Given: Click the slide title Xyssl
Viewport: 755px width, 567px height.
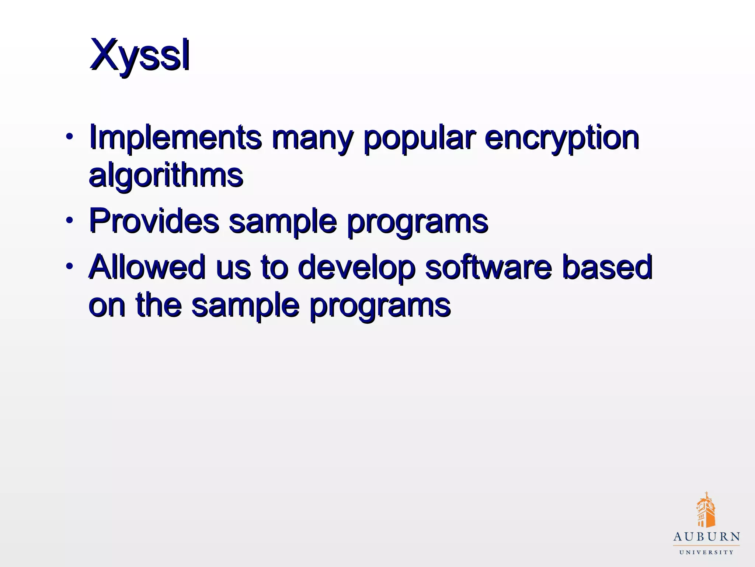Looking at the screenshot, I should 140,55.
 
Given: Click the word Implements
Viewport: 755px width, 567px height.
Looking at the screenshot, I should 175,137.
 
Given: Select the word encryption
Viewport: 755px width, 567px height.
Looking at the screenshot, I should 561,138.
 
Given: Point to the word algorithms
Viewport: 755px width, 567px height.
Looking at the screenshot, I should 166,176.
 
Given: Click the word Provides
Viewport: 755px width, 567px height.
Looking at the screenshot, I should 154,221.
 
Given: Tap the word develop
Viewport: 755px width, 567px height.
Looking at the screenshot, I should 356,268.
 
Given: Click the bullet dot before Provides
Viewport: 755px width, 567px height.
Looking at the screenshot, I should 69,221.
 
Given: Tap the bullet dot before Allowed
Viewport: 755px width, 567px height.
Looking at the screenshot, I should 69,266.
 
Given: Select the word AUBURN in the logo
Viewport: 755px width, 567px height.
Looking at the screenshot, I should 706,537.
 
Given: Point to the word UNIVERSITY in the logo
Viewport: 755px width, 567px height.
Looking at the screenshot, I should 706,553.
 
